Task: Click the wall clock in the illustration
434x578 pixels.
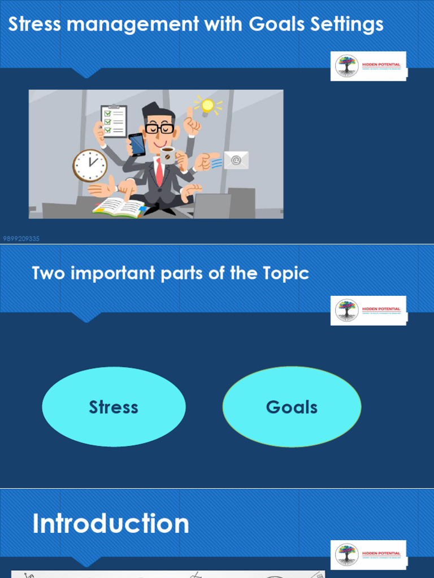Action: coord(90,165)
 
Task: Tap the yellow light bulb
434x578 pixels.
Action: coord(207,106)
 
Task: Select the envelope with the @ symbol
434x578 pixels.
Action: coord(236,160)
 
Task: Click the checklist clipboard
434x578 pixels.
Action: coord(114,121)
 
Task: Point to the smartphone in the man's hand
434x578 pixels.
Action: coord(137,144)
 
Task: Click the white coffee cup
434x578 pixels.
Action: coord(168,154)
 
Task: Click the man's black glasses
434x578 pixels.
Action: coord(159,129)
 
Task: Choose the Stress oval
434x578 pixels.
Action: coord(114,407)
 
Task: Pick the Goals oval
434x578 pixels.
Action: coord(292,407)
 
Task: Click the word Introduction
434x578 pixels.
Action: coord(111,524)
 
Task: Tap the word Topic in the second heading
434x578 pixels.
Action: coord(286,273)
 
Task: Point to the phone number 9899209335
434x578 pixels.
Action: coord(21,239)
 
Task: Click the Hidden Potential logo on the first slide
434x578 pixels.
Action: coord(368,66)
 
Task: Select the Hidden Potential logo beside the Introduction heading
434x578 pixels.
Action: coord(368,555)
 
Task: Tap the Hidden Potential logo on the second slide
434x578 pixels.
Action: coord(368,310)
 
